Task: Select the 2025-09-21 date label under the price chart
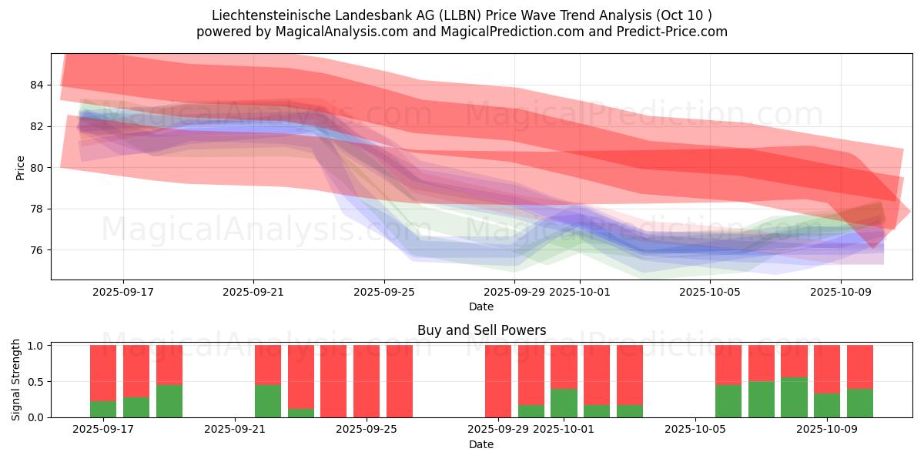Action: coord(253,293)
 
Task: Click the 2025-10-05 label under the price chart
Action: coord(711,293)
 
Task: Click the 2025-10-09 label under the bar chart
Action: coord(827,430)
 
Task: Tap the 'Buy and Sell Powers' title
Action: coord(481,330)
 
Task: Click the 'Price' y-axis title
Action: coord(20,168)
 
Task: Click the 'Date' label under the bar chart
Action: coord(481,444)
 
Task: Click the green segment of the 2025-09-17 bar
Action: coord(103,409)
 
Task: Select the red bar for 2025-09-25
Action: coord(367,381)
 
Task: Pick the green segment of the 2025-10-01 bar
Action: coord(564,403)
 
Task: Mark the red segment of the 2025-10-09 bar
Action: coord(827,369)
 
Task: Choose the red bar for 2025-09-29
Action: coord(498,381)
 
